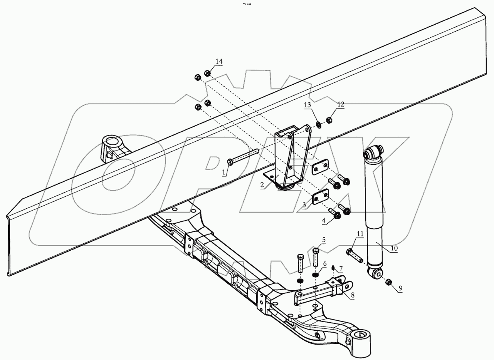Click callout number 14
(219, 62)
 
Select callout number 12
(341, 104)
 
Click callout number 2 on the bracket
(262, 185)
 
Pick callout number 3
(304, 205)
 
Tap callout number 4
(324, 221)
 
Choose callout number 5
(324, 239)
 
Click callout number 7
(341, 268)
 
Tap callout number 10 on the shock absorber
(394, 248)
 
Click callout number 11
(360, 234)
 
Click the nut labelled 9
(388, 283)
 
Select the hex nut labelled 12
(329, 120)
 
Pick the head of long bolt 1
(230, 162)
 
